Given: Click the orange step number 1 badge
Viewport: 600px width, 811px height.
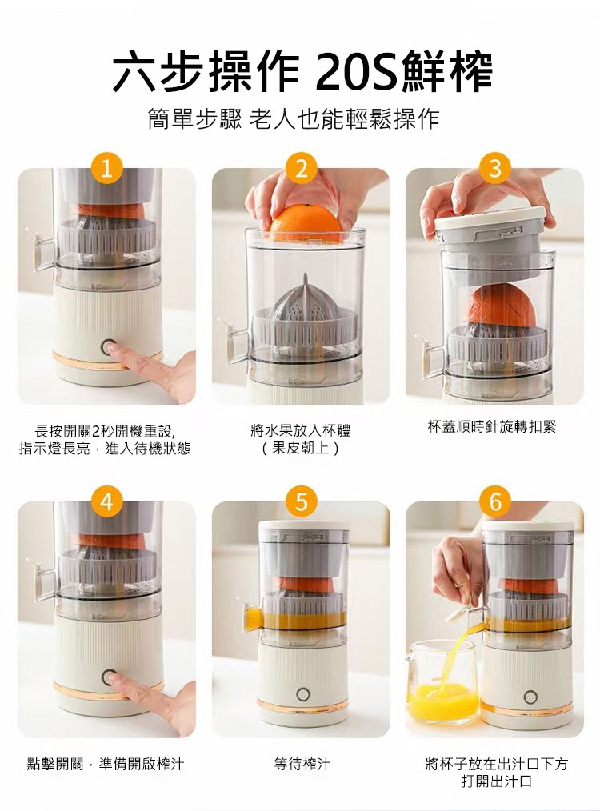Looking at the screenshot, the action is coord(106,169).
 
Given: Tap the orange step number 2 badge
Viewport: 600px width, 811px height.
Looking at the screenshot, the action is coord(301,169).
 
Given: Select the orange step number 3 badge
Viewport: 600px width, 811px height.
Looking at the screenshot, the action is coord(495,169).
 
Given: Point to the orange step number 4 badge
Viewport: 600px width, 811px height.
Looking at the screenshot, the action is coord(106,501).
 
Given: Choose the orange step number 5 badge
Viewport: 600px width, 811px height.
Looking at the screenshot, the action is coord(301,501).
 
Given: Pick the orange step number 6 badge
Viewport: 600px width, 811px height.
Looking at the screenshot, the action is coord(495,501).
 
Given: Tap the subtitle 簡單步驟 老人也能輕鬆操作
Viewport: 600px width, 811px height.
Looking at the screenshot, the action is coord(294,119).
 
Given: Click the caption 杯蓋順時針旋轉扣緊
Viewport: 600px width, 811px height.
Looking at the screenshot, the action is coord(492,427).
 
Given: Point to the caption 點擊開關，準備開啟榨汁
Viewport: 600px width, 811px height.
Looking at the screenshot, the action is coord(105,764).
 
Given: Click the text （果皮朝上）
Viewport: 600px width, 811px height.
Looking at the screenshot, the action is coord(301,448).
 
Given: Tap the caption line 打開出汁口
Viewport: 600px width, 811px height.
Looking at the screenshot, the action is coord(496,781).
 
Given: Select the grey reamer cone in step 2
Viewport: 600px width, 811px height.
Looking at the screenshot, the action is coord(305,298).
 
